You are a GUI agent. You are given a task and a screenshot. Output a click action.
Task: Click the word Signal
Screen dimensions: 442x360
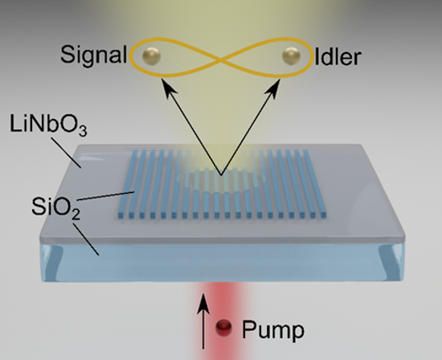tap(93, 55)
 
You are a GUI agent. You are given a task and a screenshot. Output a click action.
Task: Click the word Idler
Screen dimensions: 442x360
tap(338, 57)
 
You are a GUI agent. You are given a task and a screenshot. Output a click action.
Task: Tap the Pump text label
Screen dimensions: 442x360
tap(273, 330)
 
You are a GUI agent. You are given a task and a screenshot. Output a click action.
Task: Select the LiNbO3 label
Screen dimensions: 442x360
tap(48, 125)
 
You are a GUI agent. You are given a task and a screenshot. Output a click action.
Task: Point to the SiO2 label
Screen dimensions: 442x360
tap(55, 207)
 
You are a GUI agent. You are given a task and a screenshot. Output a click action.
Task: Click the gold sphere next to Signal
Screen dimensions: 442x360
tap(151, 56)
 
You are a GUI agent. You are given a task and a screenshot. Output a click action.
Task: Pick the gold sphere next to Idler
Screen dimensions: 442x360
tap(291, 56)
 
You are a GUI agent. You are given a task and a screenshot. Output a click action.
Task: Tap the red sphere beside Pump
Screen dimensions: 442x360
tap(224, 328)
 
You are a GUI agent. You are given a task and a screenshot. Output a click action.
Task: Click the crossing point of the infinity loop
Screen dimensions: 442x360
tap(221, 59)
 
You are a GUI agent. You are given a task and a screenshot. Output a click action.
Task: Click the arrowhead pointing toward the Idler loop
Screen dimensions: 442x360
tap(275, 87)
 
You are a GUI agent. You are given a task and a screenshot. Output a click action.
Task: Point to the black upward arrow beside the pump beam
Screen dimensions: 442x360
tap(203, 321)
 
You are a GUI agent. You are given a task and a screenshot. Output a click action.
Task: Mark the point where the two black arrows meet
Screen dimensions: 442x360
tap(221, 175)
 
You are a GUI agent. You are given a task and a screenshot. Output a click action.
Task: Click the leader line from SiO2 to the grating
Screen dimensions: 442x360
tap(105, 196)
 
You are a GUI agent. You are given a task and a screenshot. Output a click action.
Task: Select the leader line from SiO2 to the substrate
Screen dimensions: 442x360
tap(86, 239)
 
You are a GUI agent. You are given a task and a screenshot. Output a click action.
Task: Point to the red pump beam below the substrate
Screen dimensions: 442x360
tap(220, 321)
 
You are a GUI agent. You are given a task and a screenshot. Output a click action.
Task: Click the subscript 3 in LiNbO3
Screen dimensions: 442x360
tap(82, 131)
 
